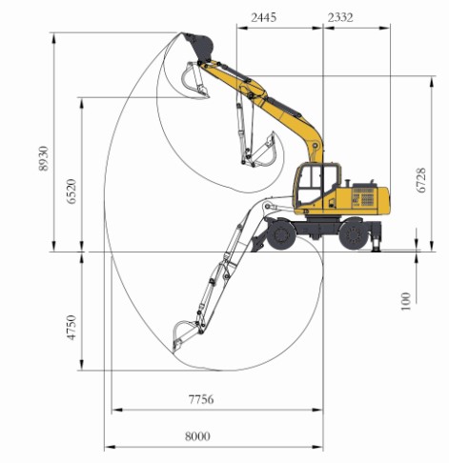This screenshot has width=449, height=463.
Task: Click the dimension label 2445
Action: tap(263, 17)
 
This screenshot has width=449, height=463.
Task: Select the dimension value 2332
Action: tap(340, 17)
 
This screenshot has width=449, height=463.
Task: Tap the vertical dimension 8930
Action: tap(44, 158)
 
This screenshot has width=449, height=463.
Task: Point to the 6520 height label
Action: tap(71, 191)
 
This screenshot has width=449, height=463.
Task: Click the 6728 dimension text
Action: tap(421, 180)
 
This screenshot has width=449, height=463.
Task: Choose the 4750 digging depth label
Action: tap(71, 328)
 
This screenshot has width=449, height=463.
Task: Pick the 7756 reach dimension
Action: tap(201, 399)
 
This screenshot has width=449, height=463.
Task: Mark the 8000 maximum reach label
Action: tap(197, 436)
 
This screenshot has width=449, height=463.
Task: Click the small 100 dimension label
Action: tap(406, 301)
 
